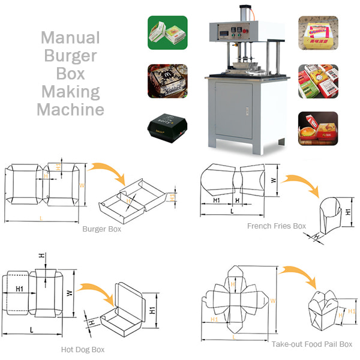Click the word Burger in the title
coord(70,56)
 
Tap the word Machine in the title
coord(70,110)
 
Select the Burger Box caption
coord(101,229)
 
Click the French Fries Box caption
coord(277,226)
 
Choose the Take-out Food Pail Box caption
coord(311,344)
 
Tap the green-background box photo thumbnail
coord(167,32)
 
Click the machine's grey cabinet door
coord(233,111)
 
